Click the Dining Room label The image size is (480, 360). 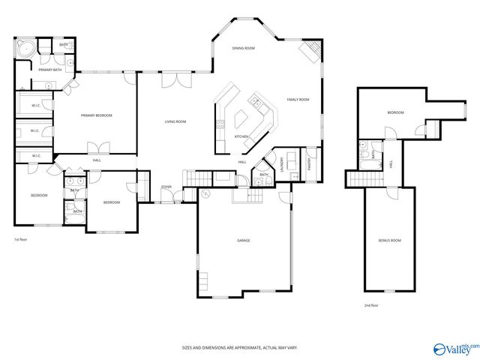243,48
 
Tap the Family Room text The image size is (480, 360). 298,100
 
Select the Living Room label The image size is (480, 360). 175,121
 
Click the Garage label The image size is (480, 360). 243,240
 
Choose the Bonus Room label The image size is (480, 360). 389,240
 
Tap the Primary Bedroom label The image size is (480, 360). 97,115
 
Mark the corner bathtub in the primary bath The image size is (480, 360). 24,50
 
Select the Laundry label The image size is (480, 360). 282,163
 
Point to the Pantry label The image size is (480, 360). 310,163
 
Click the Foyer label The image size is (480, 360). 166,187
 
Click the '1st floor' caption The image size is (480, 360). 21,239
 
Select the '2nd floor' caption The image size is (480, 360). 371,305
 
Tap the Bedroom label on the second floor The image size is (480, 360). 395,112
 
